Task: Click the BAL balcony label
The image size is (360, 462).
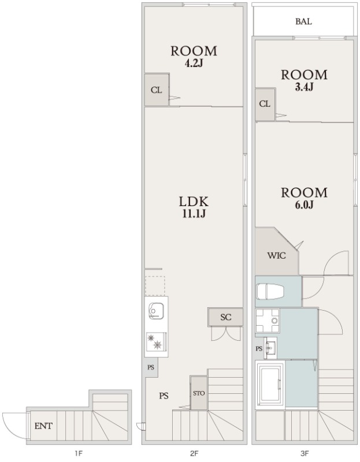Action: click(303, 21)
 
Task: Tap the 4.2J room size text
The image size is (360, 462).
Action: click(194, 64)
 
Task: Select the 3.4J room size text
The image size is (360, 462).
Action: click(304, 87)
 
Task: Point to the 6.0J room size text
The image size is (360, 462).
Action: click(304, 205)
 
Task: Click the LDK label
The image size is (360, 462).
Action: click(194, 202)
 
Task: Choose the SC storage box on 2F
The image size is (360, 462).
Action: click(225, 317)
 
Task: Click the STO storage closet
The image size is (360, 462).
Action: click(199, 393)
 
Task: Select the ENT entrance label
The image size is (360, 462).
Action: click(43, 426)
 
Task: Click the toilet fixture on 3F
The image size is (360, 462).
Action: click(270, 292)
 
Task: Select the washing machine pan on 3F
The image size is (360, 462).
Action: click(267, 321)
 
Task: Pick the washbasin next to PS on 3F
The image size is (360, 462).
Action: click(271, 348)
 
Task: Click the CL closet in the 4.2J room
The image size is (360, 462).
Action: click(157, 90)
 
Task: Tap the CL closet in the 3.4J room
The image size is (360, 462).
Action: click(265, 104)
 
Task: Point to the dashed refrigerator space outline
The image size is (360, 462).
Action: click(155, 286)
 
